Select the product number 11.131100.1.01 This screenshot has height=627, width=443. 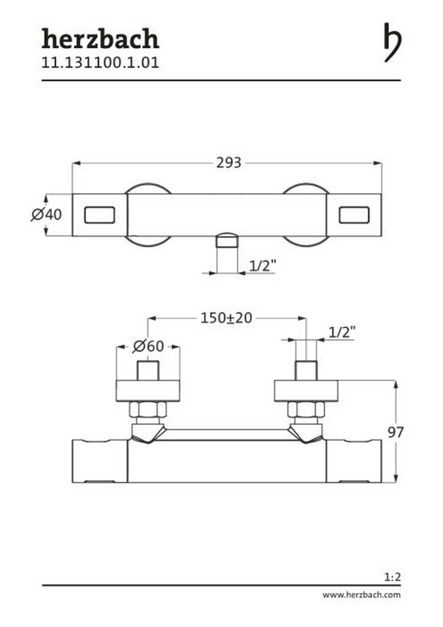[x=100, y=63]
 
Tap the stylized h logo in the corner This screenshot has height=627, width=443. [x=392, y=42]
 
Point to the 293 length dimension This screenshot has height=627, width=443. [x=229, y=163]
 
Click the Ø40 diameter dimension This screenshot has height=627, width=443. [x=47, y=215]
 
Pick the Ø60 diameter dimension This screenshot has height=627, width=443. [x=148, y=346]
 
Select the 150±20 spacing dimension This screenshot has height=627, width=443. [x=226, y=318]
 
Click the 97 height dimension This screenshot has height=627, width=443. [x=395, y=432]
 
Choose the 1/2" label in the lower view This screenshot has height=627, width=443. [x=342, y=332]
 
